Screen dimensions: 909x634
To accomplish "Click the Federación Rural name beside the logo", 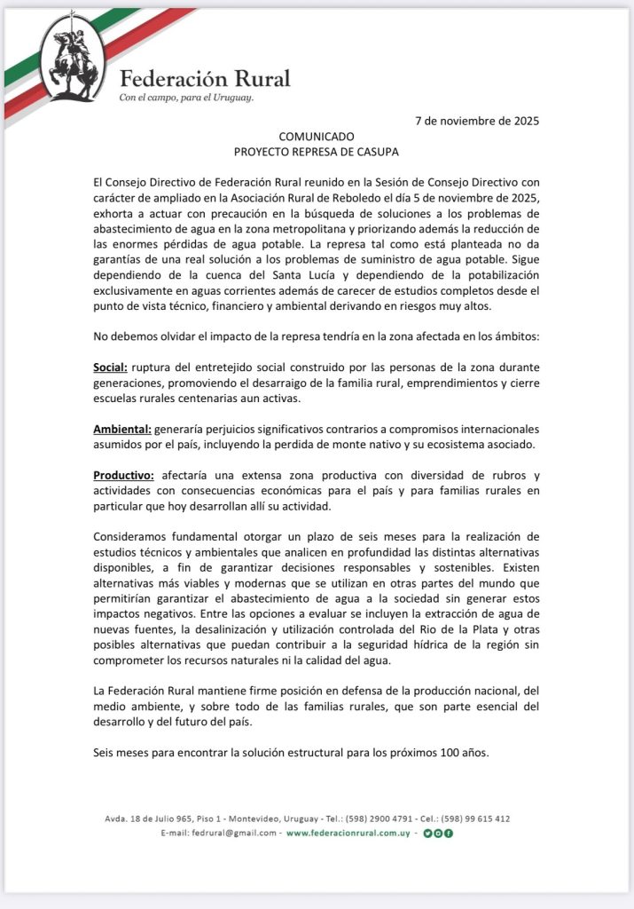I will pyautogui.click(x=205, y=78).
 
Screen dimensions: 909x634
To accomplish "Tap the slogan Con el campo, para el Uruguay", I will pyautogui.click(x=186, y=98).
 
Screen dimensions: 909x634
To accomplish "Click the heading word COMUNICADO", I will pyautogui.click(x=317, y=137).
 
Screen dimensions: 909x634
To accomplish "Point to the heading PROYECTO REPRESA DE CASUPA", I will pyautogui.click(x=317, y=152).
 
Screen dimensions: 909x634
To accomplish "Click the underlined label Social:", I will pyautogui.click(x=111, y=367).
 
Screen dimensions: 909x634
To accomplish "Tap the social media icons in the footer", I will pyautogui.click(x=438, y=834).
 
